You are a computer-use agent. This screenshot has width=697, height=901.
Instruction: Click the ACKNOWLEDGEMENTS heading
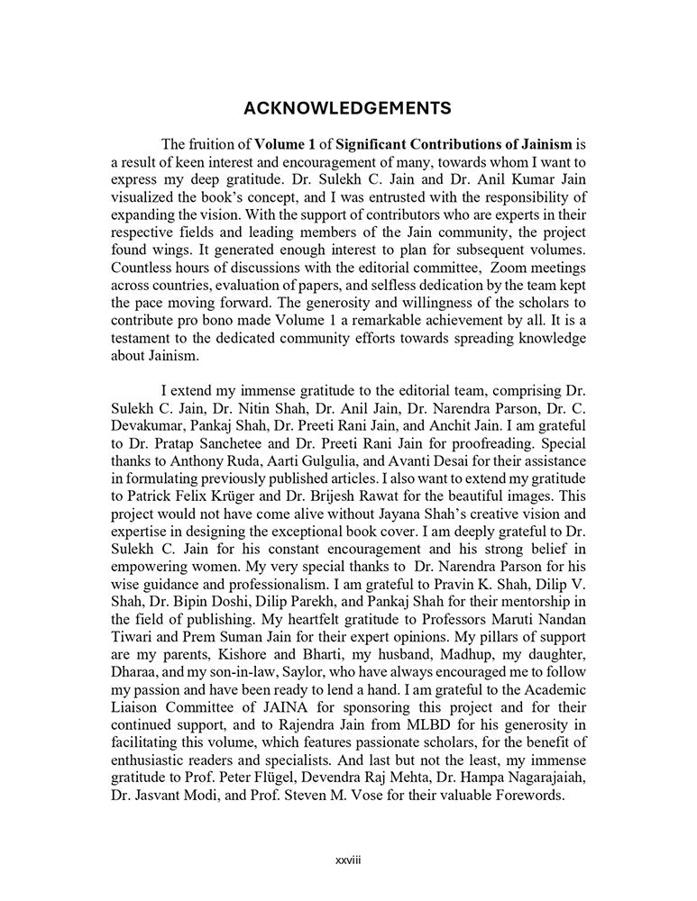pos(347,109)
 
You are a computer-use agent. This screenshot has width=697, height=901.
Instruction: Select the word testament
pos(142,338)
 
